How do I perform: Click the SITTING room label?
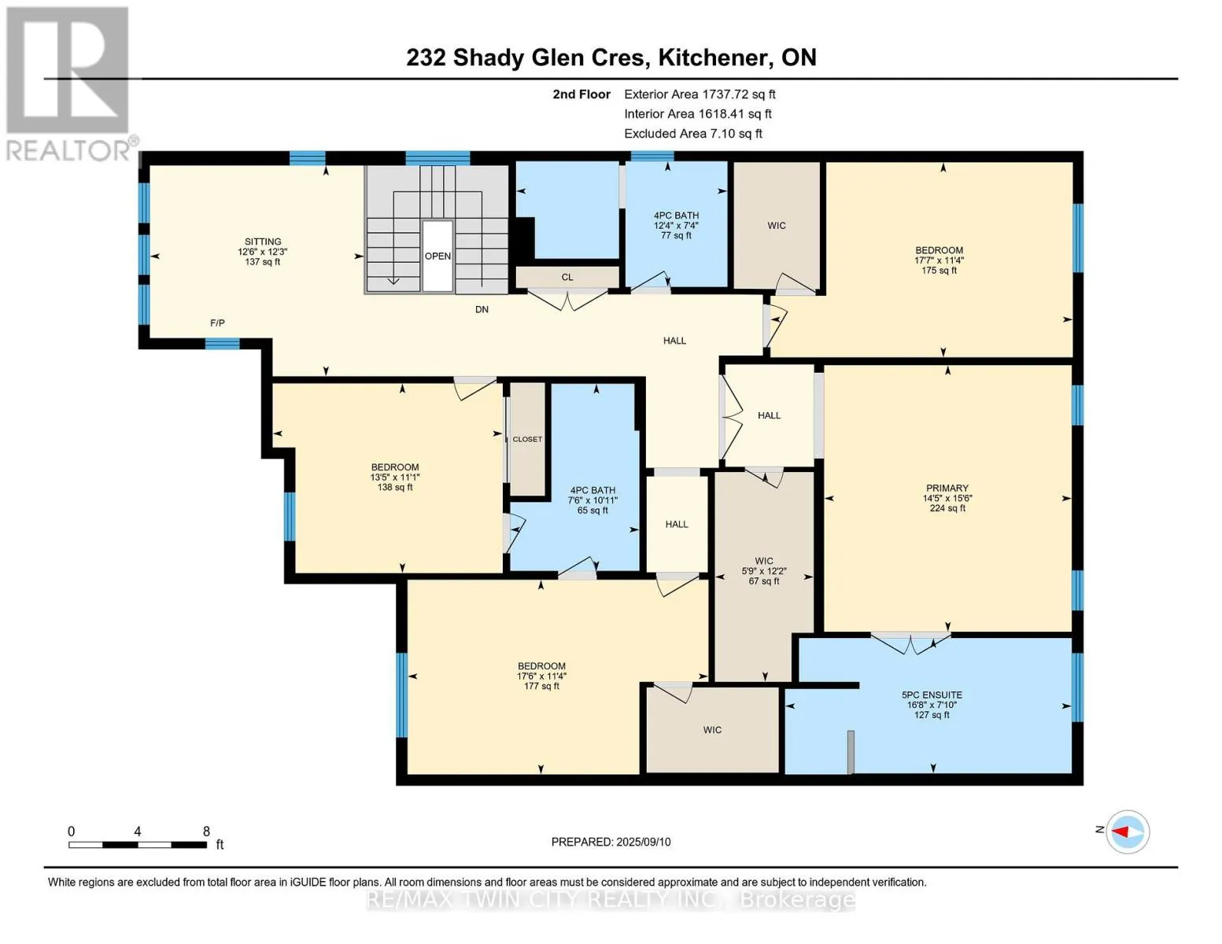[x=263, y=242]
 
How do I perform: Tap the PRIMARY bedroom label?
[x=947, y=488]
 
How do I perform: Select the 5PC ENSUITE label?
[x=932, y=695]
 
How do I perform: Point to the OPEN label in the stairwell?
[x=437, y=256]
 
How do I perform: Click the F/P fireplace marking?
[x=217, y=323]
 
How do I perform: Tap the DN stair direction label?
[x=482, y=309]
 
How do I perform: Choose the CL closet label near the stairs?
[x=567, y=277]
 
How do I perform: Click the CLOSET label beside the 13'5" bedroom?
[x=527, y=439]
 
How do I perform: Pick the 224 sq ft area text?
[x=947, y=508]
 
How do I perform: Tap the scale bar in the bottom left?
[x=137, y=844]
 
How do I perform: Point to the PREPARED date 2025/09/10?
[x=611, y=842]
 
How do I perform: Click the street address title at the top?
[x=611, y=57]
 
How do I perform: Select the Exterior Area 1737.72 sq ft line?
[x=700, y=94]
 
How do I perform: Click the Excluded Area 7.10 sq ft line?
[x=692, y=134]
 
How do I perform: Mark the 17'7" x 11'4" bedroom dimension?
[x=939, y=260]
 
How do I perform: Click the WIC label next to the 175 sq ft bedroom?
[x=776, y=226]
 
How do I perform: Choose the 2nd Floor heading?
[x=581, y=94]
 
